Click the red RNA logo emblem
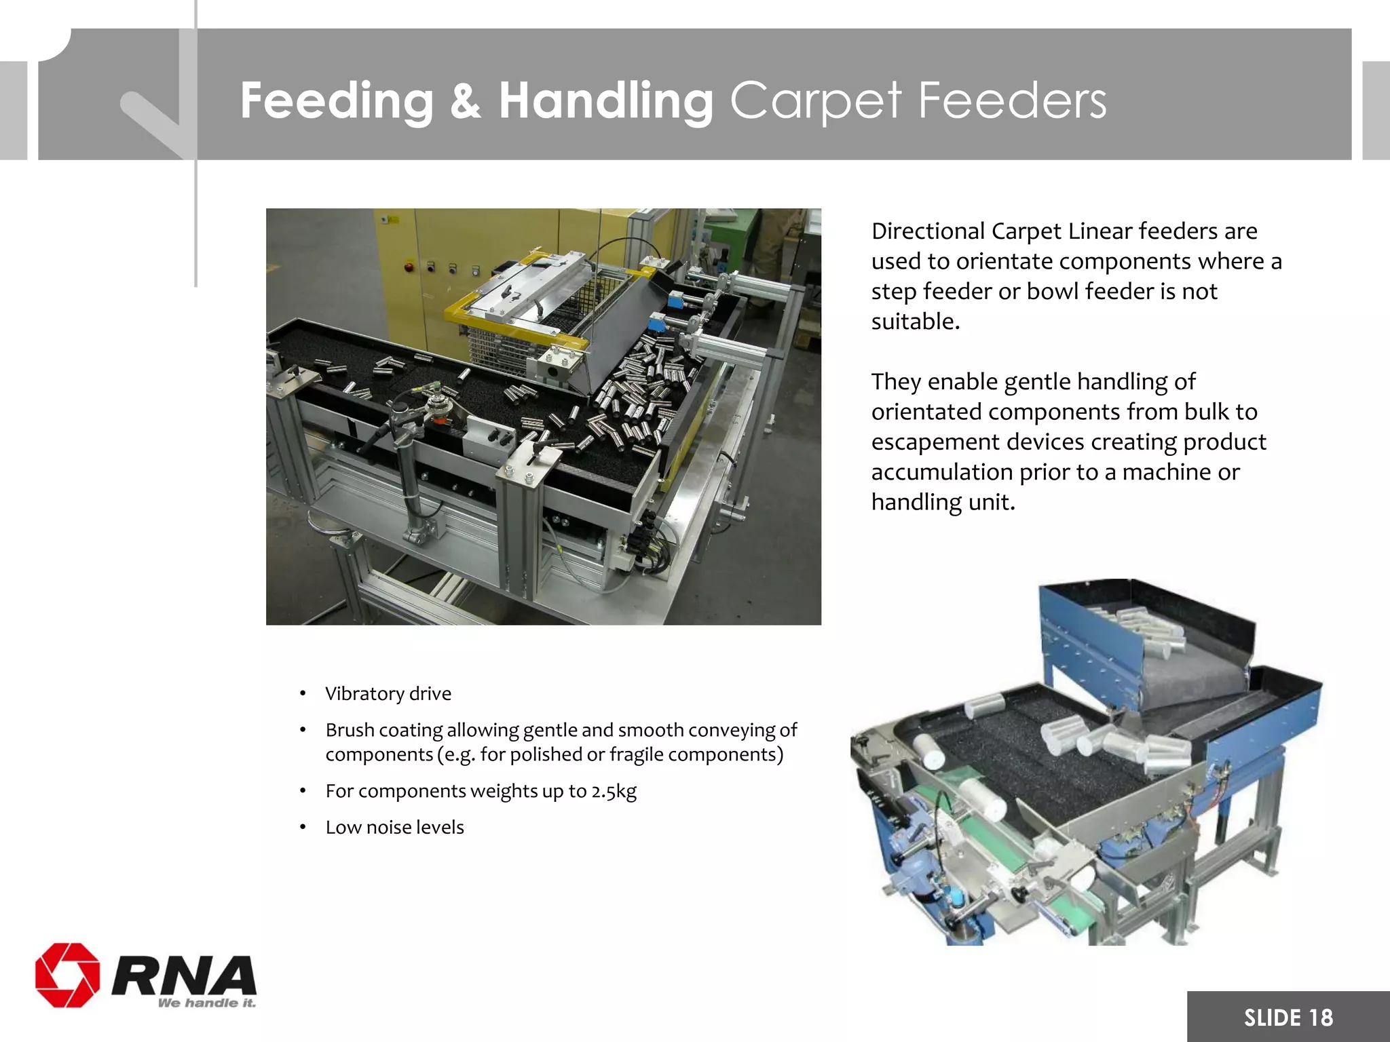click(67, 974)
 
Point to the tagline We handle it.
click(206, 1003)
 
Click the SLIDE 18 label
click(1288, 1018)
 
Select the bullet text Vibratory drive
click(388, 693)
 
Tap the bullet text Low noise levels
click(394, 827)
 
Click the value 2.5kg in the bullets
click(614, 791)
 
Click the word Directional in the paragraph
click(928, 231)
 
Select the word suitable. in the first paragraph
click(915, 322)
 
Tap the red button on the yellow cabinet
click(409, 266)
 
